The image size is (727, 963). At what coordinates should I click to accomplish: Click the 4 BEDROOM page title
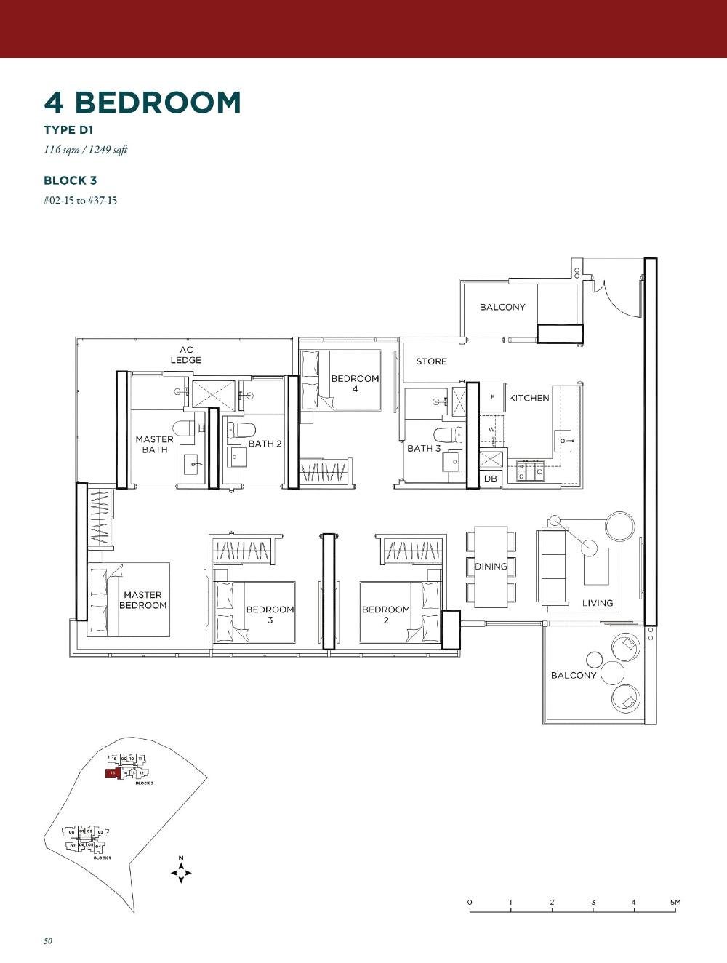(142, 103)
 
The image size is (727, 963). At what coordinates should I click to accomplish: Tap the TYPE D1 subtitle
(68, 130)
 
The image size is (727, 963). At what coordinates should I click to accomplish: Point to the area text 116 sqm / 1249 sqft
(85, 151)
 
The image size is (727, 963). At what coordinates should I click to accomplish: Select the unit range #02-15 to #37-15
(80, 200)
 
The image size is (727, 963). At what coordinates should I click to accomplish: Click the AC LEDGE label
(186, 355)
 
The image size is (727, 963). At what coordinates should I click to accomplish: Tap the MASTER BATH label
(154, 444)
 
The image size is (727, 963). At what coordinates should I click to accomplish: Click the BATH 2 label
(265, 444)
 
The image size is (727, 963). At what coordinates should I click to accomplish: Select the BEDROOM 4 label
(355, 383)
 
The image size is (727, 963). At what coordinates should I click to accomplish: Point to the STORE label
(431, 361)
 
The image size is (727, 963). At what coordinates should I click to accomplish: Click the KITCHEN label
(529, 398)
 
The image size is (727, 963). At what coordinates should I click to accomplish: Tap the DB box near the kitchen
(490, 479)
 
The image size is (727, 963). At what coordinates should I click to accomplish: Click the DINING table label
(491, 567)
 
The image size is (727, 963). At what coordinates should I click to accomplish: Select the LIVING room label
(597, 603)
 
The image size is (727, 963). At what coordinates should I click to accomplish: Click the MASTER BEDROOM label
(142, 600)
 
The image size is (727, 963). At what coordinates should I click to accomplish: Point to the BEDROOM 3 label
(270, 615)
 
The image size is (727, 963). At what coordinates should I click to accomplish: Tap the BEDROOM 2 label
(385, 615)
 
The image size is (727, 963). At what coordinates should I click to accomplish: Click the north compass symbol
(181, 871)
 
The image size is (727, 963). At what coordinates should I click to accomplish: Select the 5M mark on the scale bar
(675, 903)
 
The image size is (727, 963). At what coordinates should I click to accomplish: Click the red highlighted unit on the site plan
(111, 773)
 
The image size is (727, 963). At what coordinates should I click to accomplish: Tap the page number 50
(48, 941)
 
